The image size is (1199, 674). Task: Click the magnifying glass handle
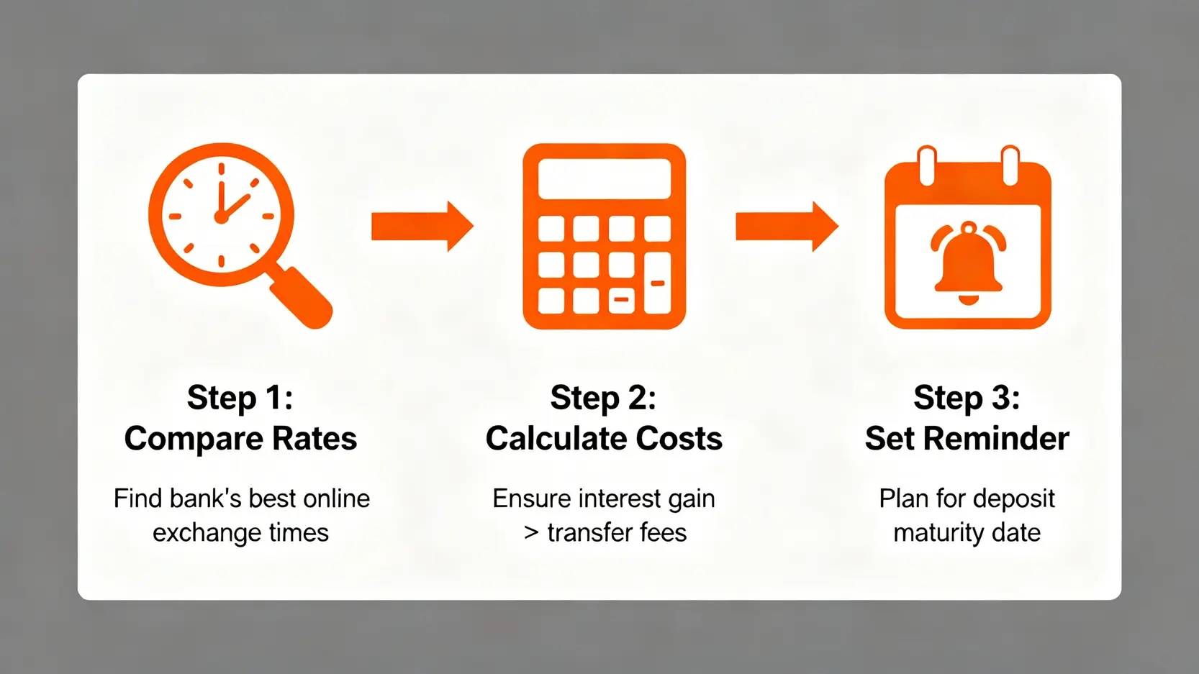pos(301,297)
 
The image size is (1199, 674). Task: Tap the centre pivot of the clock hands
pos(220,217)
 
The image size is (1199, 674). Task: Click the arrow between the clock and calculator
pos(422,227)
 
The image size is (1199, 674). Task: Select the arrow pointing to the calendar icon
pos(787,227)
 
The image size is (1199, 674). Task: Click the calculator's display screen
pos(605,179)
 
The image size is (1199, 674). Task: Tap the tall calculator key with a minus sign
pos(657,283)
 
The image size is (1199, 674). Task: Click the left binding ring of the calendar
pos(926,166)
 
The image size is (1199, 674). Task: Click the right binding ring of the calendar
pos(1010,166)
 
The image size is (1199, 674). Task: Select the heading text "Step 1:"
pos(240,398)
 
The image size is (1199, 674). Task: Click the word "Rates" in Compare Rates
pos(315,439)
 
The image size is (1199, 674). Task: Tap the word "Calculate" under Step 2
pos(556,439)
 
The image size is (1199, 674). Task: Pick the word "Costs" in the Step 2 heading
pos(679,439)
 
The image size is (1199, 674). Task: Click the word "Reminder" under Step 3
pos(997,439)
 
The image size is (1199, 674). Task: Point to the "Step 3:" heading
pos(967,398)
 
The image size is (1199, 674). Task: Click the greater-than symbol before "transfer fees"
pos(532,533)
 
